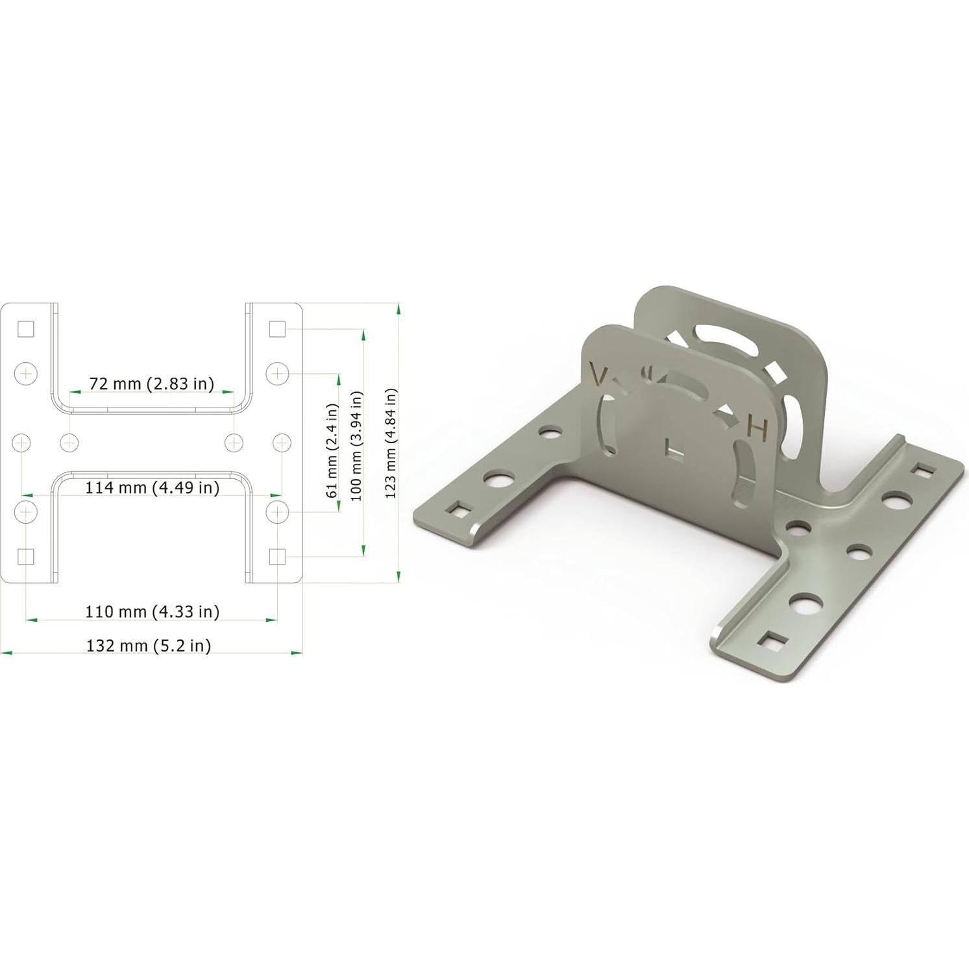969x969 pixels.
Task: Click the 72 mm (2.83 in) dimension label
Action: (x=151, y=384)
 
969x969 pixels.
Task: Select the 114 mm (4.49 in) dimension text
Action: (x=153, y=487)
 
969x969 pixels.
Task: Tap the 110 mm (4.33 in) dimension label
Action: (x=153, y=611)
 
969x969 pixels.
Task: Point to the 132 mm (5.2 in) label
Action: (x=149, y=645)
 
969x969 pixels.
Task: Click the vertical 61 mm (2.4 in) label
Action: (x=333, y=450)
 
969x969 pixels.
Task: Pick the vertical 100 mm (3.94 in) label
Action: (x=357, y=445)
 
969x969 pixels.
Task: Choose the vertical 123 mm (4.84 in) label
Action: (x=390, y=443)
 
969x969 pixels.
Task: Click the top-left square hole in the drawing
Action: (x=25, y=329)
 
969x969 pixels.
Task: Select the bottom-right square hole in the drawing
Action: (x=277, y=556)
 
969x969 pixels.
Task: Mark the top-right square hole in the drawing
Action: (x=277, y=329)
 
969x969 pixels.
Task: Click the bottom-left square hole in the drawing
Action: (x=25, y=556)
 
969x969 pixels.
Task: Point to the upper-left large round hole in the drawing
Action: (x=25, y=373)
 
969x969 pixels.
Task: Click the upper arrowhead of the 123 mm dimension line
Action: (x=398, y=310)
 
